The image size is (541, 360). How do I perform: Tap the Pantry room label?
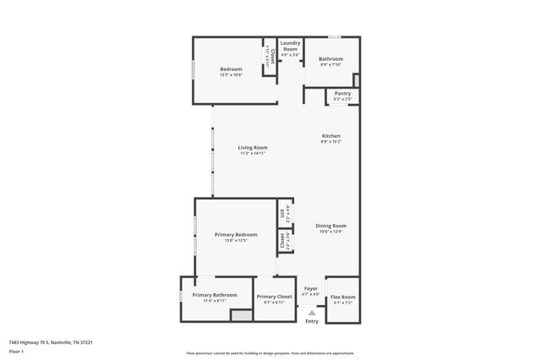(342, 93)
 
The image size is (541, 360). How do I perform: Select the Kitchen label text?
(331, 136)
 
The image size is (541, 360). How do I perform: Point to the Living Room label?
(253, 147)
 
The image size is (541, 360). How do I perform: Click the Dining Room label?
(331, 226)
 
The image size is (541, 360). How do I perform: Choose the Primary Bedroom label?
(236, 234)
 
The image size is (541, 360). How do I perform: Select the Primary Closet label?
(274, 297)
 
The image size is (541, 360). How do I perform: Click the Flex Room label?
(342, 297)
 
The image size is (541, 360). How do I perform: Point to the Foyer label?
(312, 288)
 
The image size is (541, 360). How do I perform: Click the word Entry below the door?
(312, 321)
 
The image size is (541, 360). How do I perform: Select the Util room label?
(283, 214)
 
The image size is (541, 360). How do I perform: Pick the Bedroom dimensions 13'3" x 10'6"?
(231, 75)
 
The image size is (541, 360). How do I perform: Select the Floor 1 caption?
(16, 351)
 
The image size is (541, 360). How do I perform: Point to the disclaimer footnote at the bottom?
(270, 353)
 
